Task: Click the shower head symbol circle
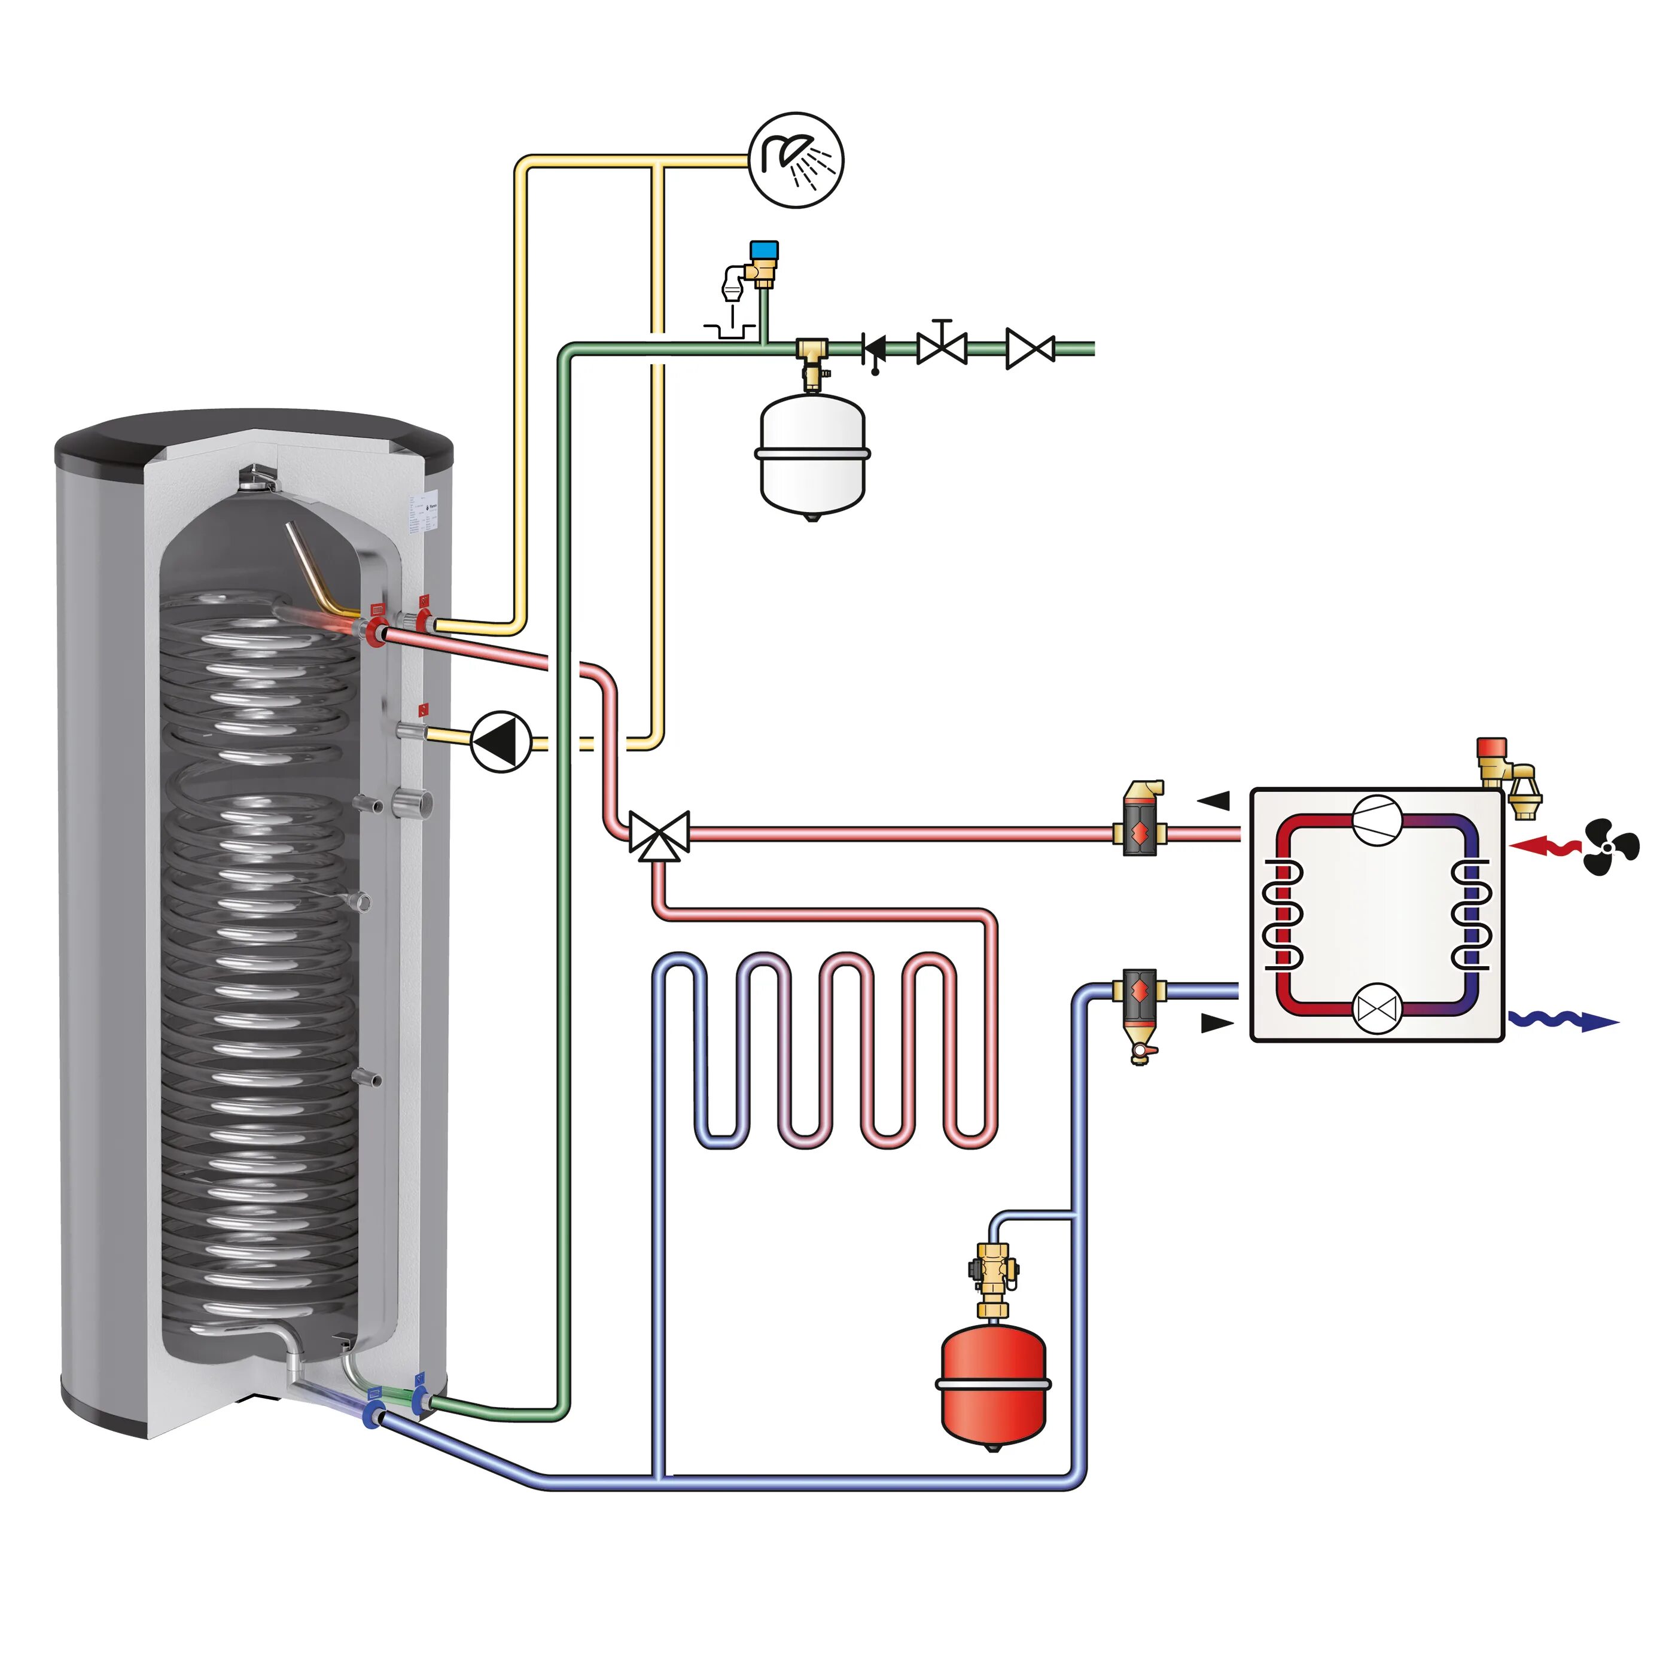795,160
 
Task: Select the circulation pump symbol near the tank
500,741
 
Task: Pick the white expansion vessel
812,455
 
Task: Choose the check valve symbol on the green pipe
874,349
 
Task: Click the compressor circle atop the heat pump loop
1376,820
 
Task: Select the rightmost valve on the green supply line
1030,349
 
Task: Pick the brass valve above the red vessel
994,1274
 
